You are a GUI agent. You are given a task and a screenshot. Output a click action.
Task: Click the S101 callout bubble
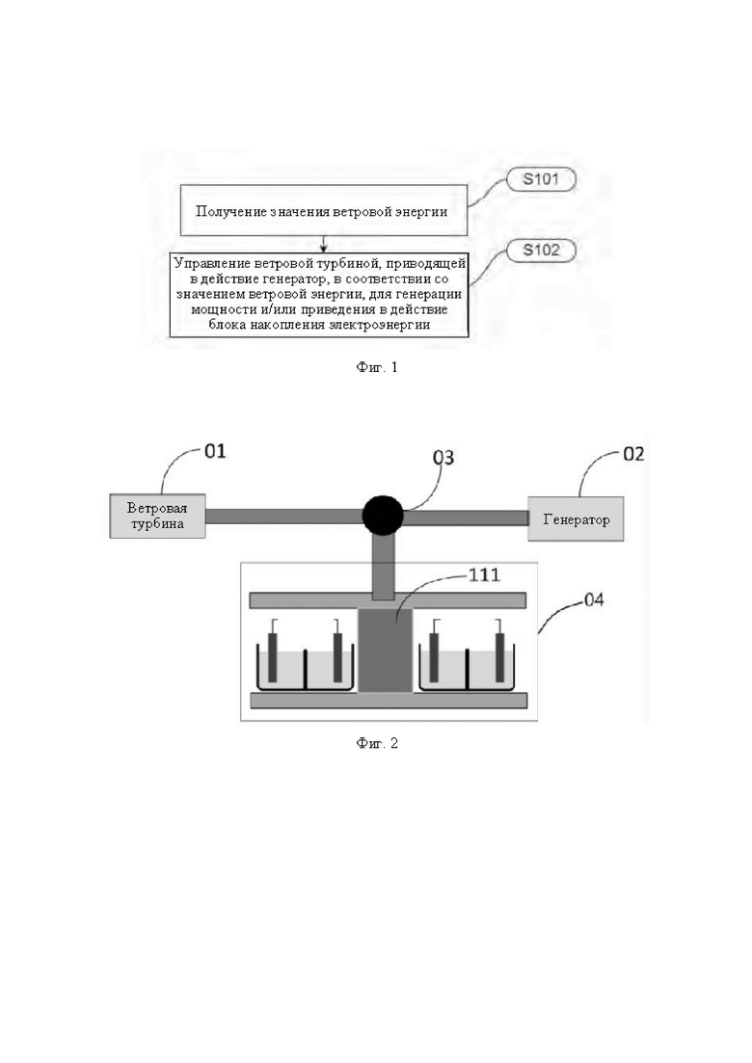[x=541, y=179]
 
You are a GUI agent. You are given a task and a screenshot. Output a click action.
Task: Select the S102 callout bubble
[x=541, y=251]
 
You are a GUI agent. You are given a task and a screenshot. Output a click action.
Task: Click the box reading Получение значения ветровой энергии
[x=323, y=210]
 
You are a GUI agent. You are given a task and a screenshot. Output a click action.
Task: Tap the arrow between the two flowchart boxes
[x=323, y=244]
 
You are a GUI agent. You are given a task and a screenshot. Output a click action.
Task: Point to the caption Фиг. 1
[x=377, y=367]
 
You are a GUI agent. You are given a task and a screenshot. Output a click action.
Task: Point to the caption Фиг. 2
[x=377, y=743]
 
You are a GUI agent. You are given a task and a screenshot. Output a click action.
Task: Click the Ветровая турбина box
[x=157, y=516]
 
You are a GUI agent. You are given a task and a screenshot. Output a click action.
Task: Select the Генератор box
[x=576, y=518]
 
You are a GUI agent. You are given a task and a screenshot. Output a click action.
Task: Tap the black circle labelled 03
[x=383, y=516]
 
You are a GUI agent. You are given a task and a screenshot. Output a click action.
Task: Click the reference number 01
[x=215, y=451]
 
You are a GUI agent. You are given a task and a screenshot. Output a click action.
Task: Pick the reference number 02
[x=633, y=454]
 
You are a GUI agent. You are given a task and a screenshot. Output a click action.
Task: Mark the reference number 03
[x=443, y=458]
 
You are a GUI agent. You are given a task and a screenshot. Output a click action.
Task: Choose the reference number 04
[x=594, y=600]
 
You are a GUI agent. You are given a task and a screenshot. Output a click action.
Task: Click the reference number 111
[x=484, y=575]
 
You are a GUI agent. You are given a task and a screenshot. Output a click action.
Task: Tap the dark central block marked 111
[x=385, y=651]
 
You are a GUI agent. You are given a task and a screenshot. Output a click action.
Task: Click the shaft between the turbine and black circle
[x=283, y=517]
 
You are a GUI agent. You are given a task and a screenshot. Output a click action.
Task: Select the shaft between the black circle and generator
[x=466, y=518]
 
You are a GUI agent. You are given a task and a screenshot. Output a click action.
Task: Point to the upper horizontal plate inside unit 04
[x=389, y=600]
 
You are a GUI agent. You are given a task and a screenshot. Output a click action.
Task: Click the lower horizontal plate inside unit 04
[x=389, y=701]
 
